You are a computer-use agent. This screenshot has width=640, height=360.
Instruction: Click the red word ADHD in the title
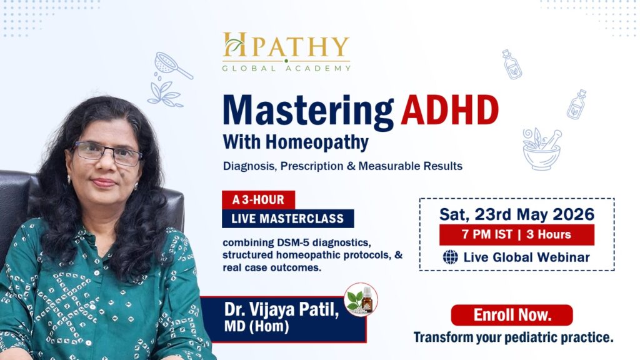[x=450, y=111]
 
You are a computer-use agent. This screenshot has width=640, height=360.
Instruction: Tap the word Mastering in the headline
[x=308, y=112]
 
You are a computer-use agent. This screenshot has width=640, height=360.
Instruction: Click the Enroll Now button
[x=511, y=315]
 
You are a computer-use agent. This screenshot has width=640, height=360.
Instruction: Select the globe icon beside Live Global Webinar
[x=450, y=257]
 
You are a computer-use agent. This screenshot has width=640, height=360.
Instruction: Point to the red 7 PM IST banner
[x=516, y=235]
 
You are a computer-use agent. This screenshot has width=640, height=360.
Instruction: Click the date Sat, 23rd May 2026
[x=516, y=214]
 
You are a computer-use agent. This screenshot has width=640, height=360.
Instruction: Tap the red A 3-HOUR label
[x=258, y=200]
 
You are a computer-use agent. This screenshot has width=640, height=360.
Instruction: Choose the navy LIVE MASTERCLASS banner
[x=287, y=218]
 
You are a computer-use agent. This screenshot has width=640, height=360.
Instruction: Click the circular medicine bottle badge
[x=361, y=299]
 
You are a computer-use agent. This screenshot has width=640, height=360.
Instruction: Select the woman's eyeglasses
[x=108, y=152]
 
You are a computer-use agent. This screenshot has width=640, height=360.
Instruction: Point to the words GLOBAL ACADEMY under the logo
[x=286, y=67]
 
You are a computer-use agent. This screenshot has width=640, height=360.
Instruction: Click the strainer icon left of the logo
[x=172, y=66]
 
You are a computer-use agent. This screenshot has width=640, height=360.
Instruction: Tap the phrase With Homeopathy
[x=295, y=142]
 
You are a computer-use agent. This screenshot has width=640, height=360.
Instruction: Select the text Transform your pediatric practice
[x=513, y=337]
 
